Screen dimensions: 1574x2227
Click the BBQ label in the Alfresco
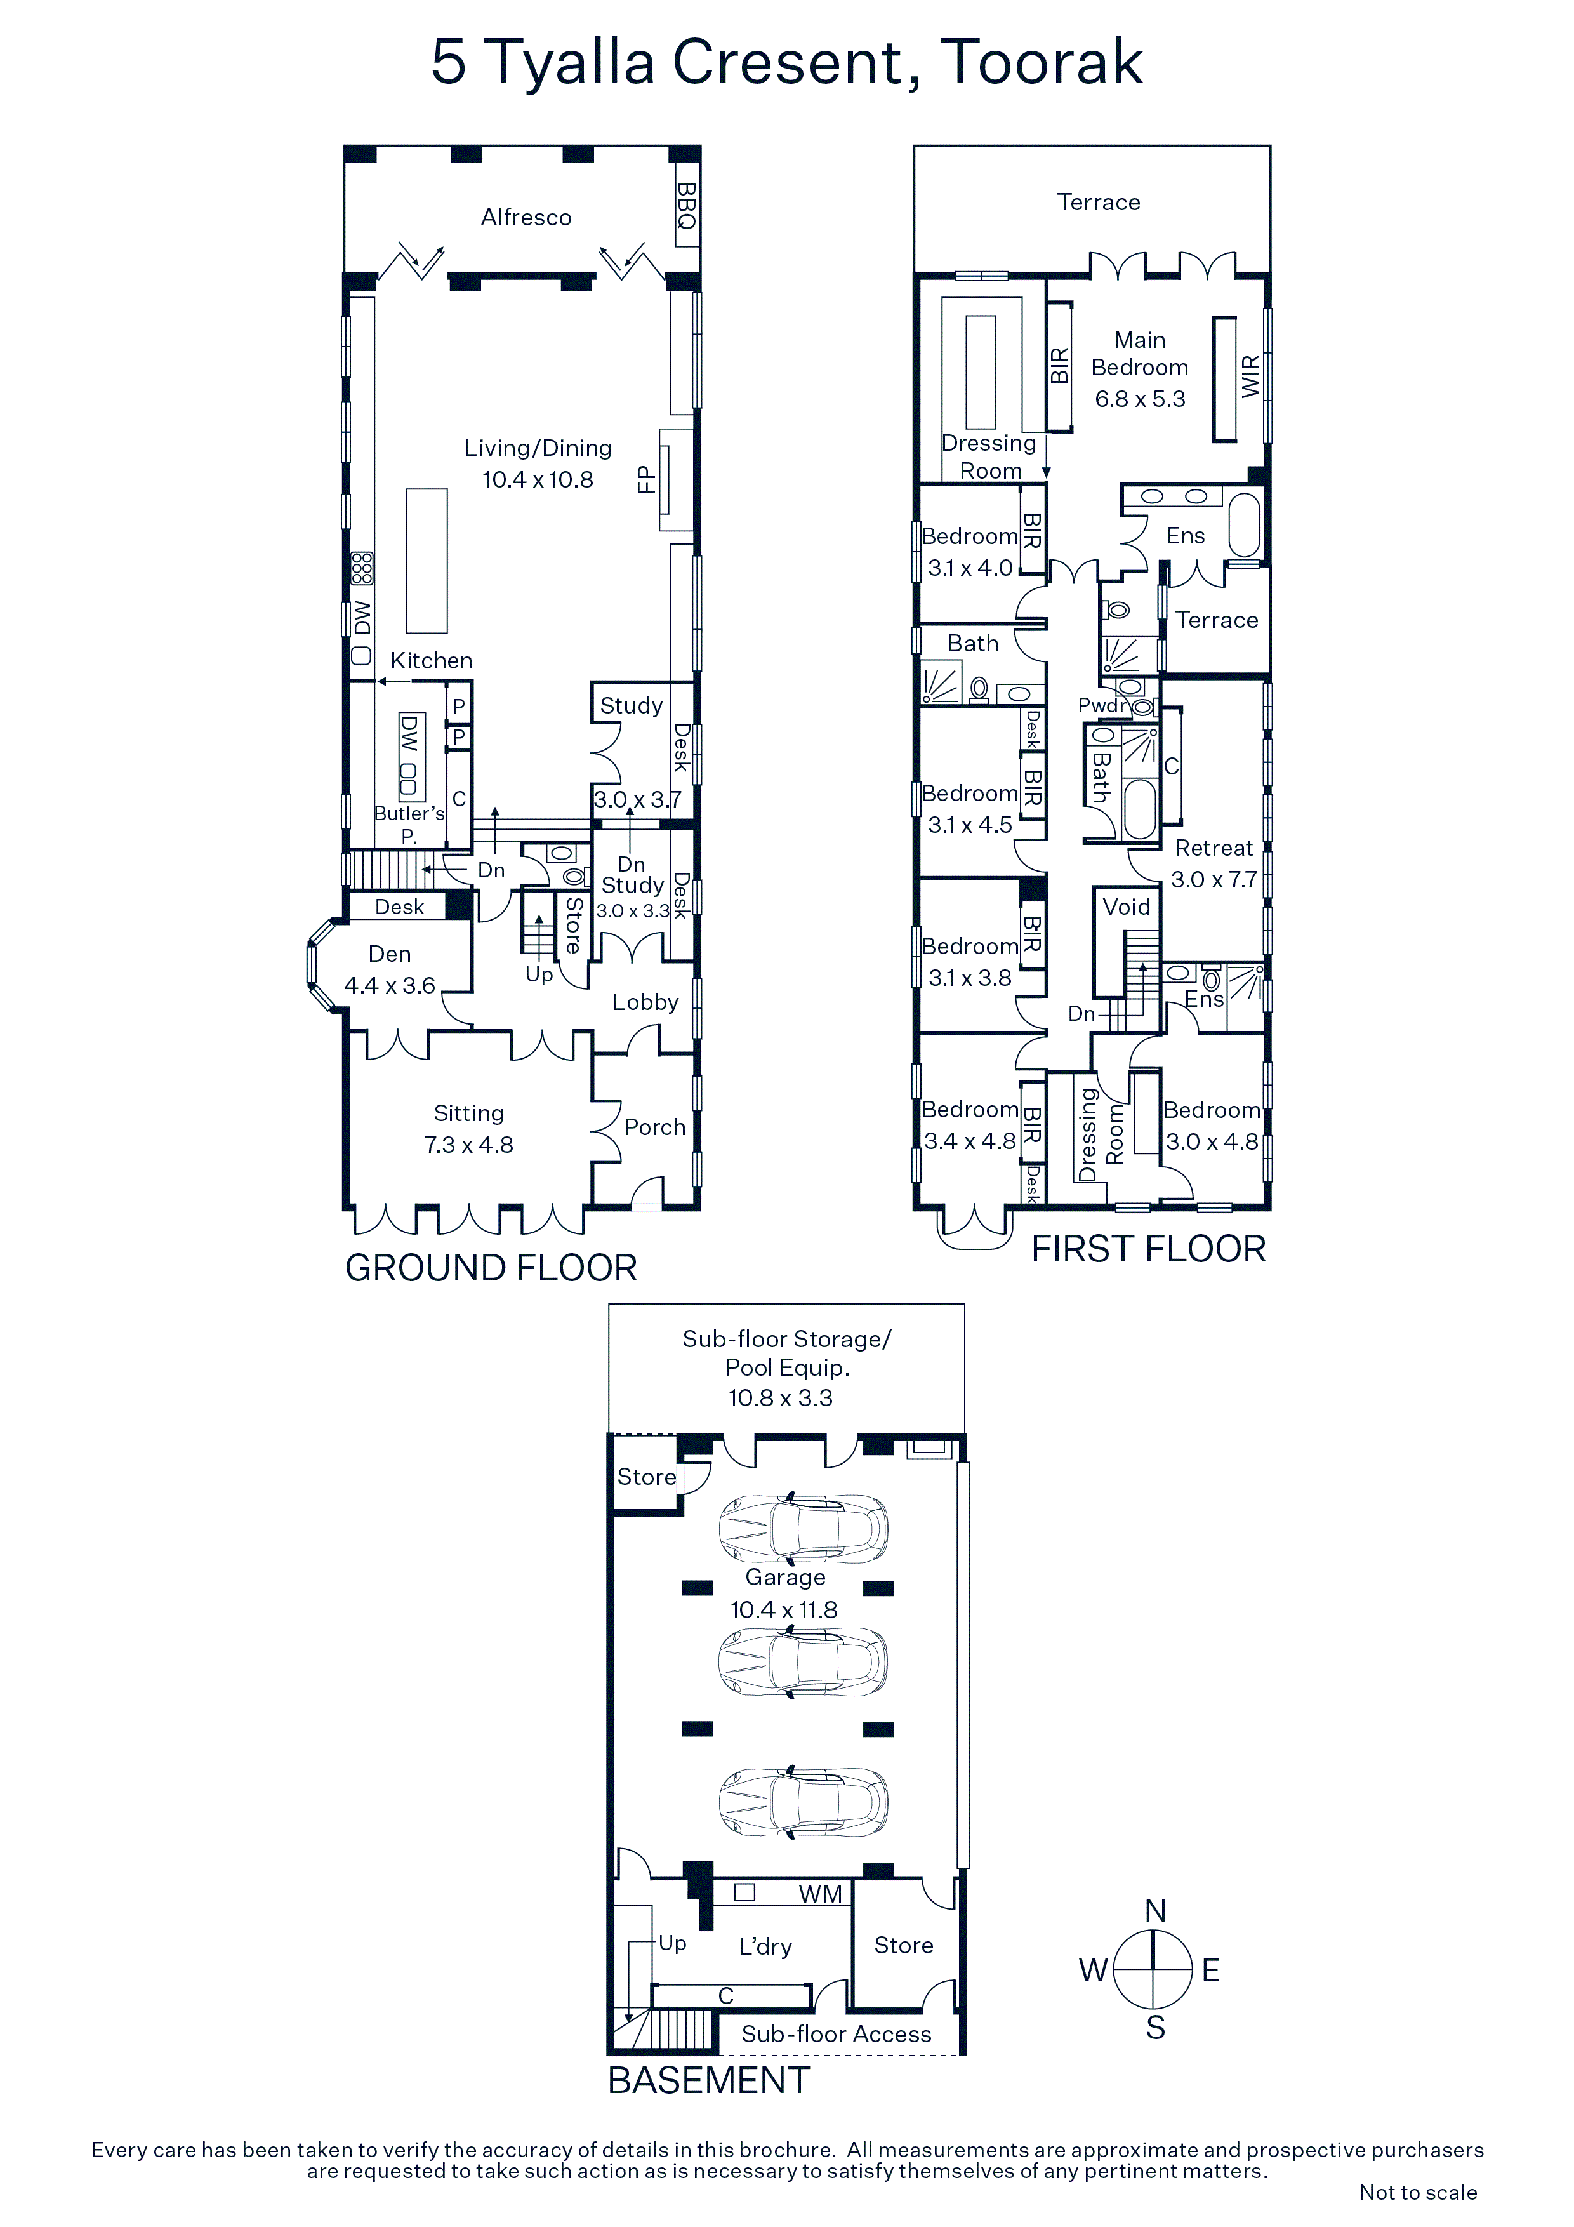tap(687, 206)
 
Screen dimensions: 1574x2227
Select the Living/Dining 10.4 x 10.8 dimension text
tap(538, 479)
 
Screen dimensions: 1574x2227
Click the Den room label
tap(389, 954)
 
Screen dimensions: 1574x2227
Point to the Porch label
tap(654, 1127)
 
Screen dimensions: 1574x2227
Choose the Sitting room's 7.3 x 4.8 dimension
tap(468, 1145)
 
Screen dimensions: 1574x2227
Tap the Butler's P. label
tap(409, 823)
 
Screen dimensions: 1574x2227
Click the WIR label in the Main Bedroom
tap(1251, 376)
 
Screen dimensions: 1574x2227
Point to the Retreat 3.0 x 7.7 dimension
tap(1214, 880)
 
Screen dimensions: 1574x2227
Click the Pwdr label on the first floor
tap(1104, 705)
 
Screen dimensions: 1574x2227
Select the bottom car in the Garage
tap(803, 1801)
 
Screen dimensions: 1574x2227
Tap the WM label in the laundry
tap(821, 1894)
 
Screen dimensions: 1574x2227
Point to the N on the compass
tap(1155, 1911)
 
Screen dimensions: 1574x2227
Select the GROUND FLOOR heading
tap(491, 1268)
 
